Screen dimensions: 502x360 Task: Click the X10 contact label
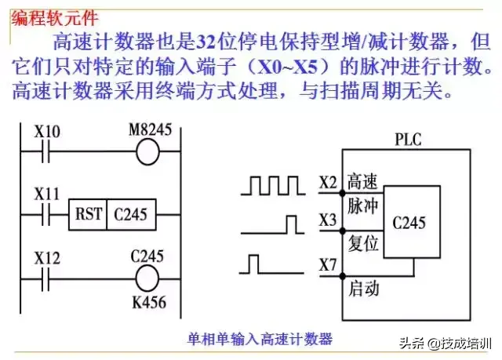tap(47, 132)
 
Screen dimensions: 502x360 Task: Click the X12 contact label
tap(47, 256)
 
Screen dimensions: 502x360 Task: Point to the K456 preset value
tap(153, 302)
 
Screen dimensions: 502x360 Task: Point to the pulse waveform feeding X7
tap(271, 264)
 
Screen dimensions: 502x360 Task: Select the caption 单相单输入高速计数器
tap(260, 339)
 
